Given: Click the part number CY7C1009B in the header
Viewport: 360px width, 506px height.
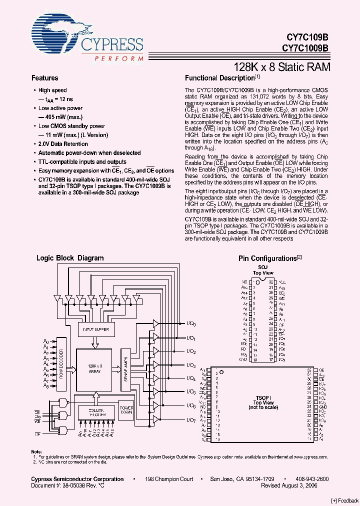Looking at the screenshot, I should (x=305, y=48).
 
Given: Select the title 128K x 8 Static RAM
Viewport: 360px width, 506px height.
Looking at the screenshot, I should (x=282, y=66).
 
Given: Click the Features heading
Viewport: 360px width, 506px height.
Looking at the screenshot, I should (x=44, y=78).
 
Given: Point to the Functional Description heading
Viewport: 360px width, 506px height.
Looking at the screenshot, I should (x=220, y=78).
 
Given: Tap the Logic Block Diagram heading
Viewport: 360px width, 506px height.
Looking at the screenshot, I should (x=70, y=258).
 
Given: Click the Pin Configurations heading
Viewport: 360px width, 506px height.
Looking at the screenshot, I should (x=268, y=258).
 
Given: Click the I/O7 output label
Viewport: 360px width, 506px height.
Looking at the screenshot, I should (x=190, y=420).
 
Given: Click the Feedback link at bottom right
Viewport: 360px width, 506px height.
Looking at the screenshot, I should (x=344, y=500).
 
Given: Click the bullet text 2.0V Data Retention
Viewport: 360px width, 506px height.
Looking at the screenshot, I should (x=63, y=144).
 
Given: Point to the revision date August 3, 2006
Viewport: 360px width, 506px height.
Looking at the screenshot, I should (x=301, y=485).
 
